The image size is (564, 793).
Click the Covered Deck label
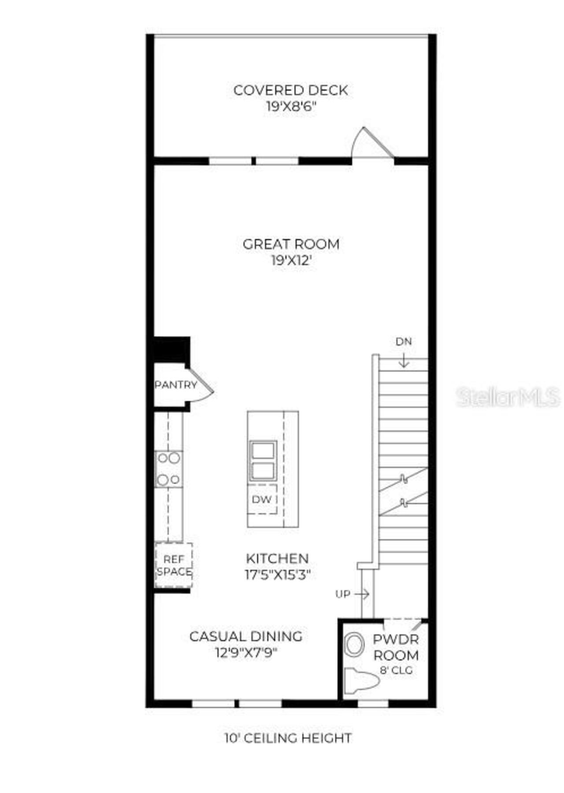coord(290,90)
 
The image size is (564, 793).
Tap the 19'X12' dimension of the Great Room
coord(291,261)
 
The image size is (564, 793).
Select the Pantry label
coord(176,385)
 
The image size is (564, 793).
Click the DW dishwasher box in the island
coord(262,499)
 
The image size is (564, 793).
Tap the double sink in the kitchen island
coord(263,461)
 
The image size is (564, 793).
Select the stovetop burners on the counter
coord(169,469)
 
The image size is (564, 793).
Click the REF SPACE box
coord(174,566)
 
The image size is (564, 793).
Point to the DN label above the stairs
coord(404,342)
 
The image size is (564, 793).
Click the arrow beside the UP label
coord(362,594)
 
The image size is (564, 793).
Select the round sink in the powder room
coord(353,645)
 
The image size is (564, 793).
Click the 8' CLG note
coord(396,670)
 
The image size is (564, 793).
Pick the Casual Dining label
coord(246,637)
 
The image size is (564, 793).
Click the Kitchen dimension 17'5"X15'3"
coord(278,575)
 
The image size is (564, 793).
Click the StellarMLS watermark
coord(508,397)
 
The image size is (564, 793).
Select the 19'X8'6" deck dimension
coord(291,107)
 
